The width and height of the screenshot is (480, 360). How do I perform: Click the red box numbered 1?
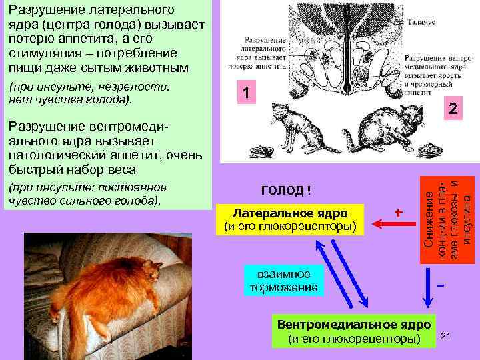246,94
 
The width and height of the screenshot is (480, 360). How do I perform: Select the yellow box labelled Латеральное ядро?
289,219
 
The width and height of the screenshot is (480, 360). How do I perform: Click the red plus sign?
398,212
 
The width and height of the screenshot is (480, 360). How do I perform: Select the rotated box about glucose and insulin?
449,213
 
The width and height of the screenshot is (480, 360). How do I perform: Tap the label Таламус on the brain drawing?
421,22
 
